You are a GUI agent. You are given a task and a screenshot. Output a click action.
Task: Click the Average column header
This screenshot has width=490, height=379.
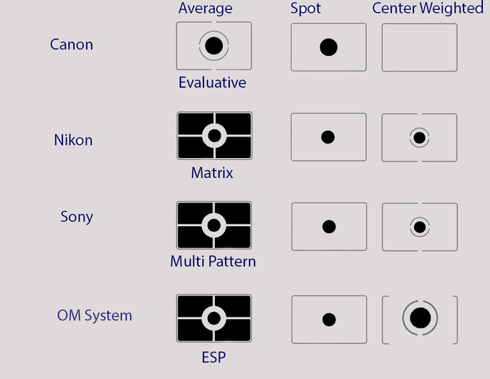[x=206, y=9]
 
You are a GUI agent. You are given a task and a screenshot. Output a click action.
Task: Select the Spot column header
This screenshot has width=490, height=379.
[x=305, y=9]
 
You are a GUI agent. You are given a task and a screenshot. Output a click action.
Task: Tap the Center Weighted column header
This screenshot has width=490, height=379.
[x=428, y=9]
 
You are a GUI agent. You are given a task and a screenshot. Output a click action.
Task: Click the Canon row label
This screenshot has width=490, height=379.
[x=72, y=44]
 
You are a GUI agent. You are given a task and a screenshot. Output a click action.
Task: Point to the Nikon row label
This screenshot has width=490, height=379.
[x=74, y=140]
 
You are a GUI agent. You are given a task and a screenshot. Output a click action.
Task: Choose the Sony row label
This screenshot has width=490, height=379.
[x=77, y=217]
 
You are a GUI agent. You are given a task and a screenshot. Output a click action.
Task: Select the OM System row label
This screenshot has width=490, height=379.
[x=95, y=315]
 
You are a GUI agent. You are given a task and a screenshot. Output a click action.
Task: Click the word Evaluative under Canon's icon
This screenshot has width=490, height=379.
[x=213, y=83]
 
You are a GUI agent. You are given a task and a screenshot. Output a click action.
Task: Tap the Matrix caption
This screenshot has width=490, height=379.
[x=212, y=173]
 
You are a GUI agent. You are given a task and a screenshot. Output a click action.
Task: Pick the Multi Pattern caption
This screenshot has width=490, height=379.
[x=213, y=262]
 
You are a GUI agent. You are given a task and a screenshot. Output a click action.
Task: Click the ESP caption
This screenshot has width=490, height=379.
[x=213, y=358]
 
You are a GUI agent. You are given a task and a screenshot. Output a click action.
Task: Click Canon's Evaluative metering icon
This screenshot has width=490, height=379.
[x=214, y=46]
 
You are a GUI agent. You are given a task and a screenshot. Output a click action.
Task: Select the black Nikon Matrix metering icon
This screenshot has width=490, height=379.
[x=214, y=136]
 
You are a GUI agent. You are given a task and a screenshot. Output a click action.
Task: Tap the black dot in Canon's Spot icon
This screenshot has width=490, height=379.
[x=328, y=47]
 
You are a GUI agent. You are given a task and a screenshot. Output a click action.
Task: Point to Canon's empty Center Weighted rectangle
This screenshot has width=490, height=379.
[x=420, y=47]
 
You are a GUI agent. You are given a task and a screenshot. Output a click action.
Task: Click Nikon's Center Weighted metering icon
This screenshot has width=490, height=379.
[x=419, y=137]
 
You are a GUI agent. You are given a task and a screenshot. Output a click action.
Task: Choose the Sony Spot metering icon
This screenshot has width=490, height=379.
[x=329, y=227]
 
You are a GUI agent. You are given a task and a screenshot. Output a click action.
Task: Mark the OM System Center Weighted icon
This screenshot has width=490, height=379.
[x=420, y=320]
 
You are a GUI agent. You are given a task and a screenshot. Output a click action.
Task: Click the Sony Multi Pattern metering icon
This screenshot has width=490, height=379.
[x=214, y=225]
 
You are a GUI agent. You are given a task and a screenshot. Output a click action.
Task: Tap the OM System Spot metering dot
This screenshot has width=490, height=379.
[x=329, y=320]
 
